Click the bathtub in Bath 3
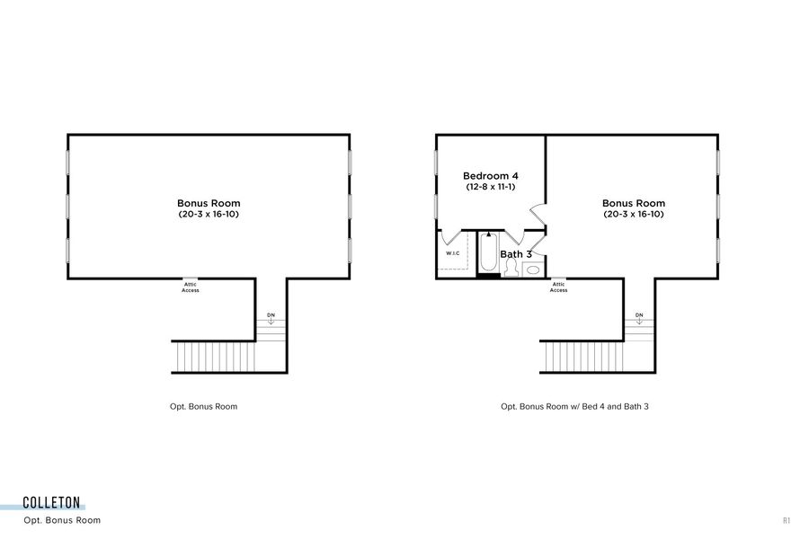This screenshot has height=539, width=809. pyautogui.click(x=488, y=252)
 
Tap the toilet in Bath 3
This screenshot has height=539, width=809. pyautogui.click(x=511, y=267)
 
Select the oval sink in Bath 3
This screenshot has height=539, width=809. pyautogui.click(x=533, y=268)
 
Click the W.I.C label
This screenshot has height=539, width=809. pyautogui.click(x=453, y=253)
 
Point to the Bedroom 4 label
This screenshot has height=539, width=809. pyautogui.click(x=490, y=175)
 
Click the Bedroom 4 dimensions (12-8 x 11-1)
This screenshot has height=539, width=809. pyautogui.click(x=490, y=187)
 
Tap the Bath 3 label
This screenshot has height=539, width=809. pyautogui.click(x=516, y=254)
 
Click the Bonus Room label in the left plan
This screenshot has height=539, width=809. pyautogui.click(x=209, y=203)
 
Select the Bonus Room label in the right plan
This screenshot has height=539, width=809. pyautogui.click(x=634, y=203)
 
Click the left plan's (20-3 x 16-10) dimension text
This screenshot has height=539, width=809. pyautogui.click(x=209, y=215)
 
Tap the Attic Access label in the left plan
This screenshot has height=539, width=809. pyautogui.click(x=191, y=287)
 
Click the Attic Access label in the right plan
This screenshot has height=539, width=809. pyautogui.click(x=558, y=287)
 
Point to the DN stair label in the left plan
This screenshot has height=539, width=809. pyautogui.click(x=271, y=315)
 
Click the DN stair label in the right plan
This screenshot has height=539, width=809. pyautogui.click(x=639, y=315)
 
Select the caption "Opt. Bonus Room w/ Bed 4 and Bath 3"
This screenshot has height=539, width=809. pyautogui.click(x=574, y=406)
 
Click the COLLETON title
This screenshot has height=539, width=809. pyautogui.click(x=52, y=503)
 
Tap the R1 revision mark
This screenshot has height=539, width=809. pyautogui.click(x=787, y=520)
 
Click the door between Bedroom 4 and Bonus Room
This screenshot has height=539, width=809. pyautogui.click(x=537, y=214)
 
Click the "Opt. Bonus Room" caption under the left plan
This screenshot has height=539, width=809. pyautogui.click(x=204, y=406)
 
